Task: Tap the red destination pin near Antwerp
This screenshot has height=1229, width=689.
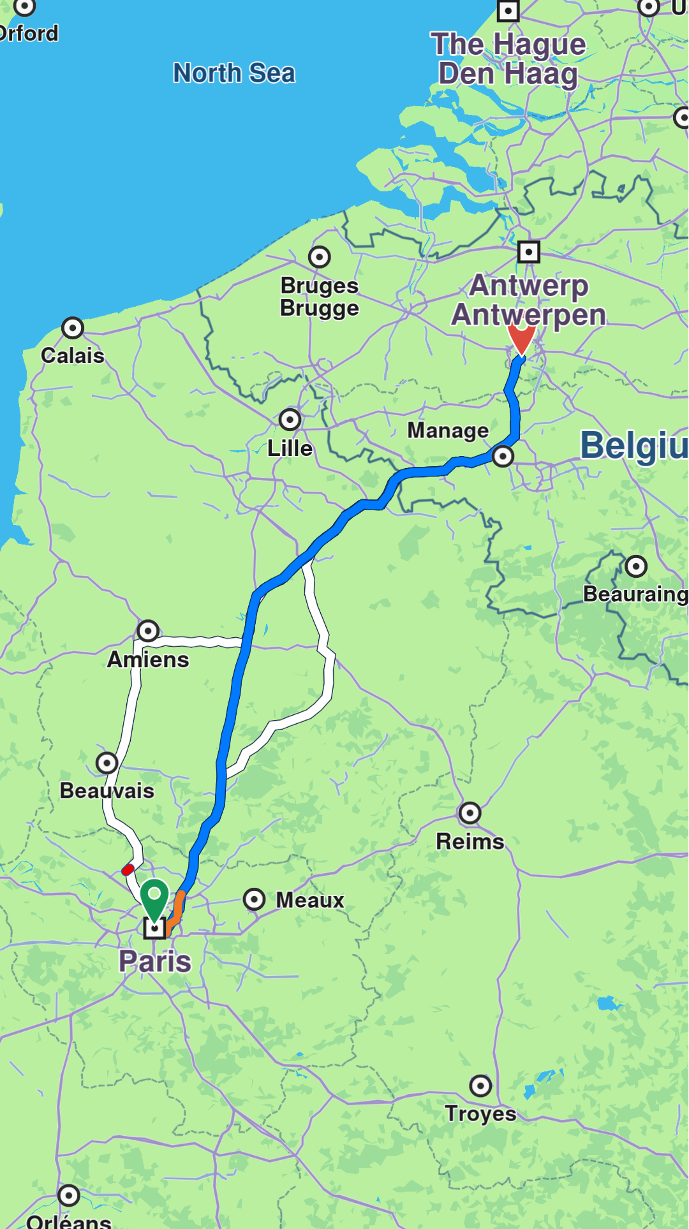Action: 521,336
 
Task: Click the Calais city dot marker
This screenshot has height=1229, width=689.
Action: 73,328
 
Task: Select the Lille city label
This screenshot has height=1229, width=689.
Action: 290,448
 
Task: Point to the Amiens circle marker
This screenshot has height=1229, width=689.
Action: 148,631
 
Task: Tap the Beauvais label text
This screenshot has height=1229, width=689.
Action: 107,791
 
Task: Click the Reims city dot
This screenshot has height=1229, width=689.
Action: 470,813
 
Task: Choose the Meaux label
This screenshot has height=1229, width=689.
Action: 310,900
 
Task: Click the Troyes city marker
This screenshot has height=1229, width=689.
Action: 480,1085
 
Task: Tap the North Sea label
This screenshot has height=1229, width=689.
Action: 234,73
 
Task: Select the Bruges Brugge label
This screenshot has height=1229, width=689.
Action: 320,297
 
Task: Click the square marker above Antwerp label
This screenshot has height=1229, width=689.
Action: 528,252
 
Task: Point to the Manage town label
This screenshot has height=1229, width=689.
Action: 448,431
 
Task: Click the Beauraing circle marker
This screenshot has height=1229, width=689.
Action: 636,566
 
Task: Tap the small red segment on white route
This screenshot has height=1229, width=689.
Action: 128,869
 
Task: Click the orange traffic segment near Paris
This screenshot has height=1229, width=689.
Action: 177,909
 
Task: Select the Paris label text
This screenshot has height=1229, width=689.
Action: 155,961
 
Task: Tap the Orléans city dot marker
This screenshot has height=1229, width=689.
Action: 69,1195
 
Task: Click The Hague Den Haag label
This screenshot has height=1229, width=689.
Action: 508,59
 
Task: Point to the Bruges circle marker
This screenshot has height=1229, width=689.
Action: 320,257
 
